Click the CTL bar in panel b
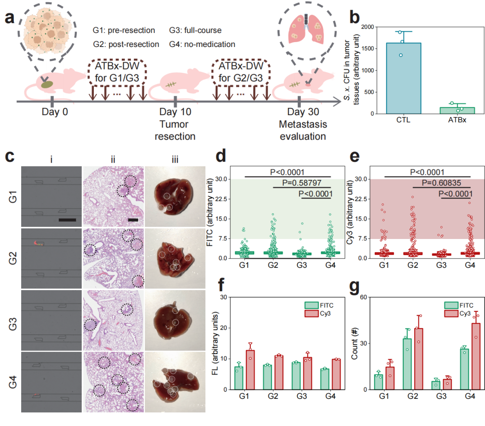[403, 78]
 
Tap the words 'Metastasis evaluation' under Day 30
[303, 130]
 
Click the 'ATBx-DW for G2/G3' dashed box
[242, 71]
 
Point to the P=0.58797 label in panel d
[302, 183]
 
